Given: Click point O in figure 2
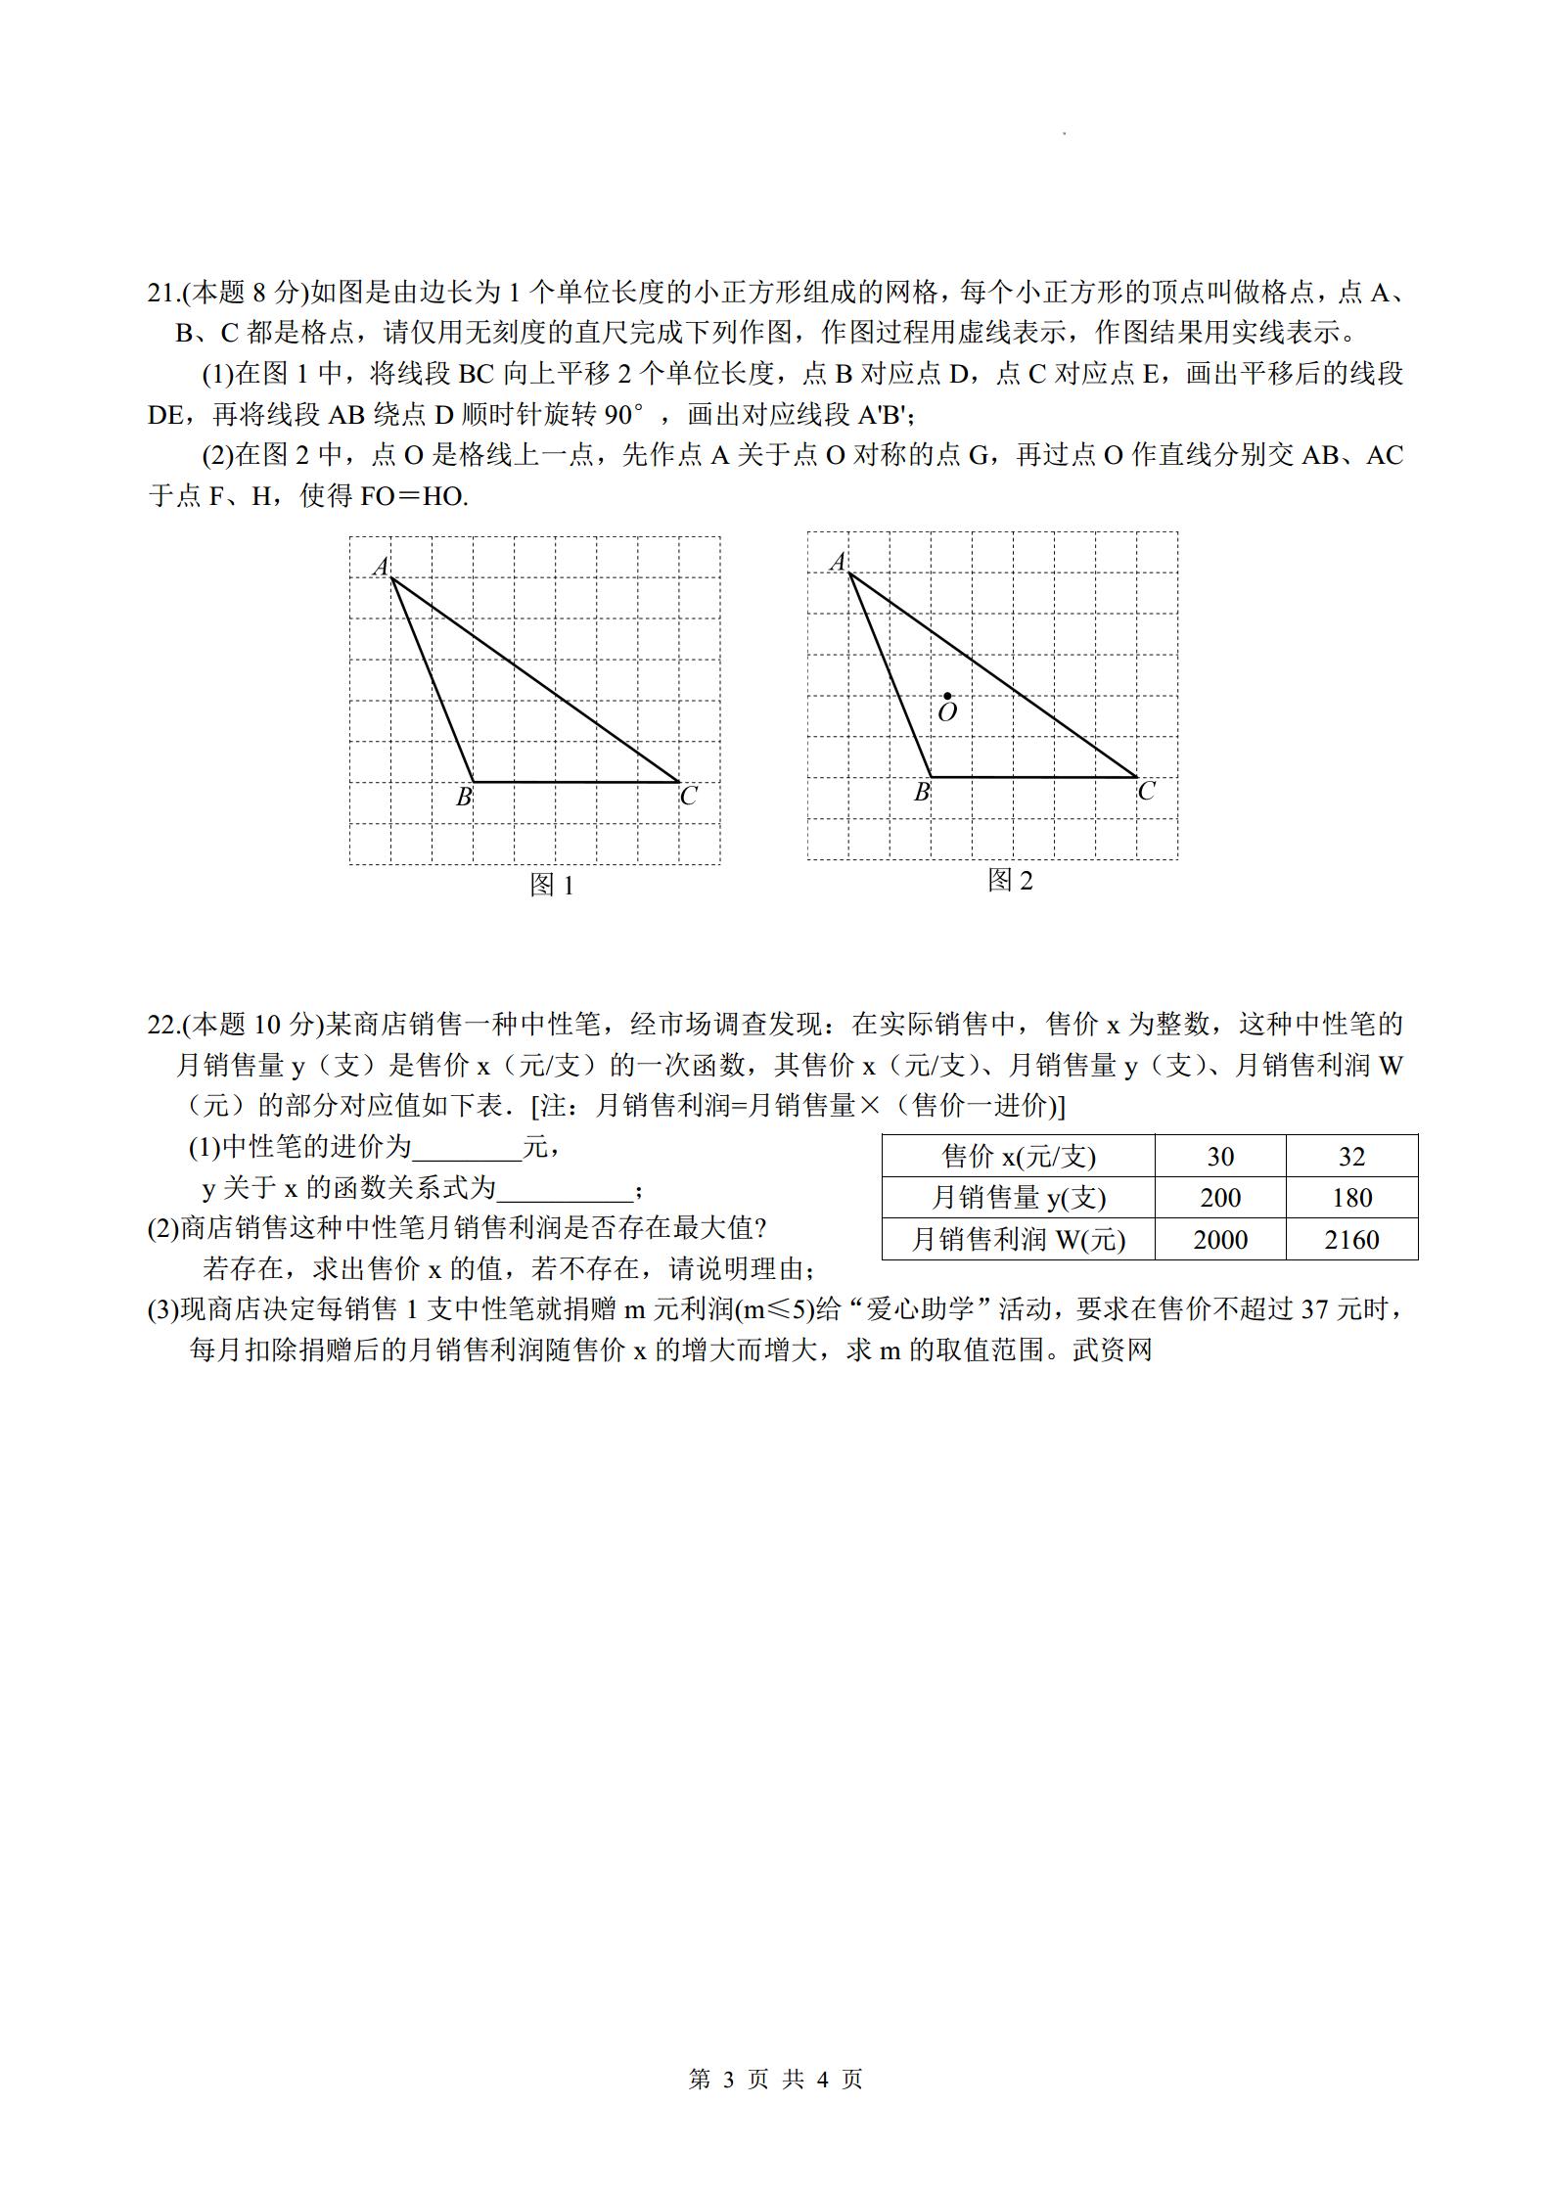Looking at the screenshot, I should pyautogui.click(x=947, y=696).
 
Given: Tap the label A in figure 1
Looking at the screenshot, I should pyautogui.click(x=381, y=566).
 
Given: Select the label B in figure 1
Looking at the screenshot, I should pyautogui.click(x=464, y=798).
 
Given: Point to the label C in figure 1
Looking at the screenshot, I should pyautogui.click(x=688, y=797).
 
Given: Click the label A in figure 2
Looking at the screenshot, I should pyautogui.click(x=838, y=562).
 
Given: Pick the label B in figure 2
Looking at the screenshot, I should pyautogui.click(x=921, y=793).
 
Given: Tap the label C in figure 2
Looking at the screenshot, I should pyautogui.click(x=1146, y=792).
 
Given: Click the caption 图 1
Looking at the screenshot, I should pyautogui.click(x=551, y=885).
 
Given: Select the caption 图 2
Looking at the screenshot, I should pyautogui.click(x=1010, y=881).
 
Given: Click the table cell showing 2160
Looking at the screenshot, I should pyautogui.click(x=1351, y=1240).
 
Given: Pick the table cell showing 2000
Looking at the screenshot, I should pyautogui.click(x=1220, y=1240).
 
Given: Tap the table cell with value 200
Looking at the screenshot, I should pyautogui.click(x=1220, y=1198).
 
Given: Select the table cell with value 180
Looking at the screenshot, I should pyautogui.click(x=1351, y=1198).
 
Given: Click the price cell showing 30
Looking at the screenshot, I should pyautogui.click(x=1220, y=1157).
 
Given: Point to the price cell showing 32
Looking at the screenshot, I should pyautogui.click(x=1351, y=1157).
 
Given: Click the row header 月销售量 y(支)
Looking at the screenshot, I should pyautogui.click(x=1019, y=1198).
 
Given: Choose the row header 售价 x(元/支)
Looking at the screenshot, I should pyautogui.click(x=1019, y=1157).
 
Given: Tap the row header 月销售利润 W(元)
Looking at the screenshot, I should pyautogui.click(x=1019, y=1240).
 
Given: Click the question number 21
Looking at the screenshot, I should pyautogui.click(x=161, y=293).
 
